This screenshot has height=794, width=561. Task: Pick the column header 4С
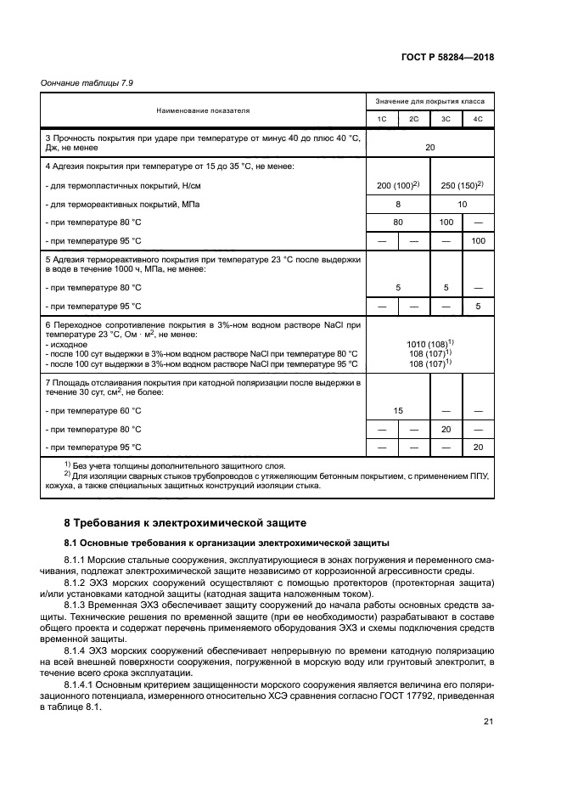[x=478, y=119]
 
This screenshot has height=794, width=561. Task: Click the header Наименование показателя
[x=202, y=110]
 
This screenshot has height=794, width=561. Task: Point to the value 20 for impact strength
[x=429, y=147]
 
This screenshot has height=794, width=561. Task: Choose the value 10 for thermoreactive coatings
[x=462, y=205]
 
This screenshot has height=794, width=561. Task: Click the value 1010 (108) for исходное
[x=429, y=343]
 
